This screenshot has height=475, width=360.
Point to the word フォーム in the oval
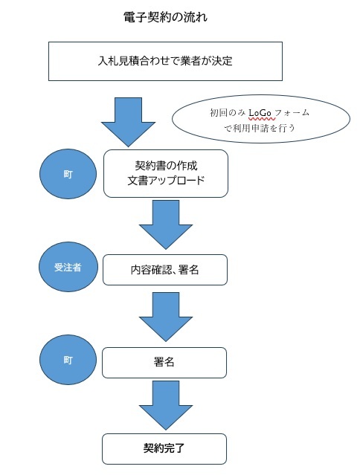tap(294, 112)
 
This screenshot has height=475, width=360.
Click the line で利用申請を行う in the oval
tap(260, 127)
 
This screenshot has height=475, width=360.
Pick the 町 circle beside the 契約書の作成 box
tap(68, 173)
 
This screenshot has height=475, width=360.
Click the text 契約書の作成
tap(165, 165)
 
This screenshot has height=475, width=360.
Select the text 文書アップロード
tap(165, 181)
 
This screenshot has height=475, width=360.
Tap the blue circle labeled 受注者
tap(68, 267)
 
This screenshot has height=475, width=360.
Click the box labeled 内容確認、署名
tap(164, 271)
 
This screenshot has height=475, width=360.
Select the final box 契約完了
tap(164, 449)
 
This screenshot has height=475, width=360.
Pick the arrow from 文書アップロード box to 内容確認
tap(164, 224)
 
